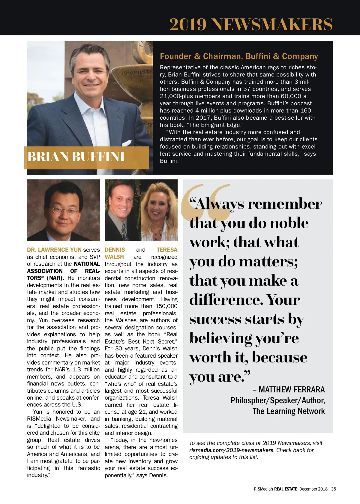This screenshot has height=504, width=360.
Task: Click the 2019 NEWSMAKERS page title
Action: point(251,24)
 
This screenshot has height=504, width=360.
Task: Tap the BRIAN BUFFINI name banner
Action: point(76,157)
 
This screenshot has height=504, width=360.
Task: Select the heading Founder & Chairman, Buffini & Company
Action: point(239,56)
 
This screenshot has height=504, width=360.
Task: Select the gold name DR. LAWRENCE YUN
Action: point(54,250)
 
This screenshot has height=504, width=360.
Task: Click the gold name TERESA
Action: point(167,250)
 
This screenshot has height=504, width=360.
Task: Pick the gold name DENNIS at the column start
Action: point(115,250)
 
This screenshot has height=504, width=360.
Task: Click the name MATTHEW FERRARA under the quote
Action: point(292,389)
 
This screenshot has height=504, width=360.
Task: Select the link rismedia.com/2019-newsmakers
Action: point(231,450)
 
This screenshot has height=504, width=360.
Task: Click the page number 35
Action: point(334,489)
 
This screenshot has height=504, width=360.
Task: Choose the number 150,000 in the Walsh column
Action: point(166,306)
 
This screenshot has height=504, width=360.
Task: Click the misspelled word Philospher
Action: point(249,400)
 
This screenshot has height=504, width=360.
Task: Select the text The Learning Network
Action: point(289,411)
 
